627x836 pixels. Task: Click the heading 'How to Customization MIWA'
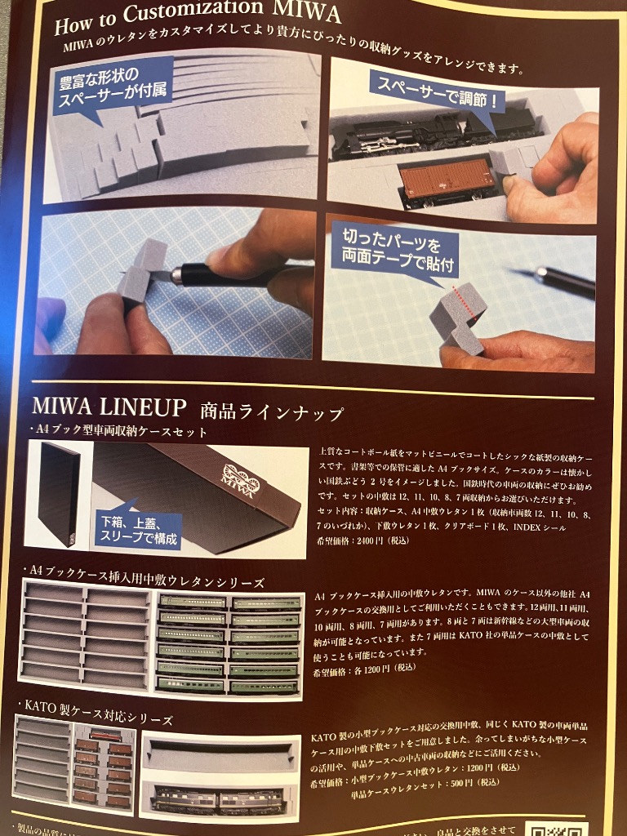click(x=197, y=19)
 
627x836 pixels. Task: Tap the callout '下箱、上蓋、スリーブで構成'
click(x=139, y=529)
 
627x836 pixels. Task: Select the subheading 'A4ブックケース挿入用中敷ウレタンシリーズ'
click(x=147, y=582)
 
